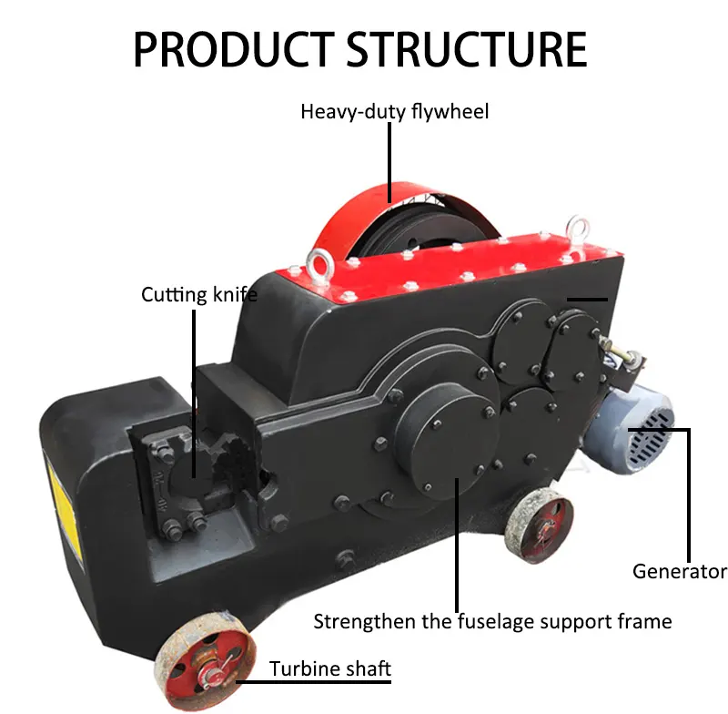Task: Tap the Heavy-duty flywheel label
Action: click(395, 112)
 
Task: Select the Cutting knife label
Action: click(199, 294)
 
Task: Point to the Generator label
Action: click(680, 572)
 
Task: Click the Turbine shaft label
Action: click(330, 669)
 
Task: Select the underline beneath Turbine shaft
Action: click(314, 680)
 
